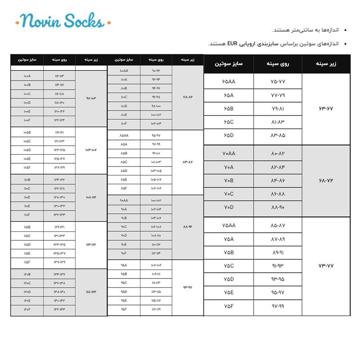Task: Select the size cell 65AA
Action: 229,82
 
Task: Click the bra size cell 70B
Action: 229,181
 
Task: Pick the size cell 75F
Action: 229,306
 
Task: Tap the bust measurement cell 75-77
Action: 278,82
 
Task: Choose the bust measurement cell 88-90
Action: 278,207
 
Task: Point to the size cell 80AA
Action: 124,71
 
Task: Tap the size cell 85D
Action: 124,171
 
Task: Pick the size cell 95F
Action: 124,309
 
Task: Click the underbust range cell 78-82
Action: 188,97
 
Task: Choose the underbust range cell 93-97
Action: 188,287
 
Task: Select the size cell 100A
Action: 27,76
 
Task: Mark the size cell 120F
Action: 27,309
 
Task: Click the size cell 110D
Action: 27,197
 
